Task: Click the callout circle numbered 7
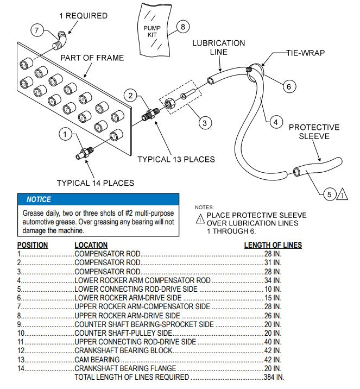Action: pyautogui.click(x=37, y=30)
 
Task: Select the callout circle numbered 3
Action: pyautogui.click(x=204, y=123)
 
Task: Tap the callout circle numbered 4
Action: pyautogui.click(x=275, y=122)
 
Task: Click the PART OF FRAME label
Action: pyautogui.click(x=92, y=58)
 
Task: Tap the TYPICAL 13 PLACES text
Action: pyautogui.click(x=176, y=160)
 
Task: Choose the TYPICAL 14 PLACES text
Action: pyautogui.click(x=96, y=183)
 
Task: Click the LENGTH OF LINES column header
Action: pyautogui.click(x=273, y=245)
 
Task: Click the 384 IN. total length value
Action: pyautogui.click(x=273, y=377)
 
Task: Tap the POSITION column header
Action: pyautogui.click(x=33, y=245)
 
